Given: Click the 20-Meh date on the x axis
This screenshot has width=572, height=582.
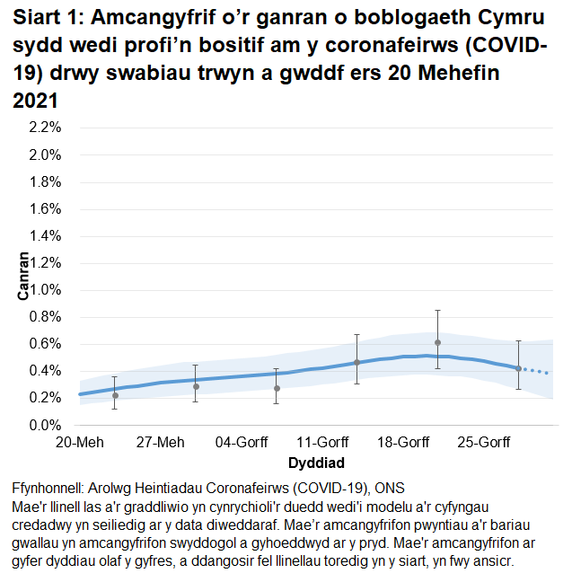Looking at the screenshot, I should (x=79, y=443).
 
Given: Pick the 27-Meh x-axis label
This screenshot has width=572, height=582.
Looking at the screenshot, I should (x=160, y=443).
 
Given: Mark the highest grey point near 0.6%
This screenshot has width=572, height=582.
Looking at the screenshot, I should (x=437, y=342).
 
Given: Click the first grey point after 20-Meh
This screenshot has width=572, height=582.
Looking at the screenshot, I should (x=115, y=395).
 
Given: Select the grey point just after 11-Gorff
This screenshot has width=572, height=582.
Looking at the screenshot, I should (x=356, y=362).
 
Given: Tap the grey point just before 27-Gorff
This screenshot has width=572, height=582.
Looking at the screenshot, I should (x=518, y=368).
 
